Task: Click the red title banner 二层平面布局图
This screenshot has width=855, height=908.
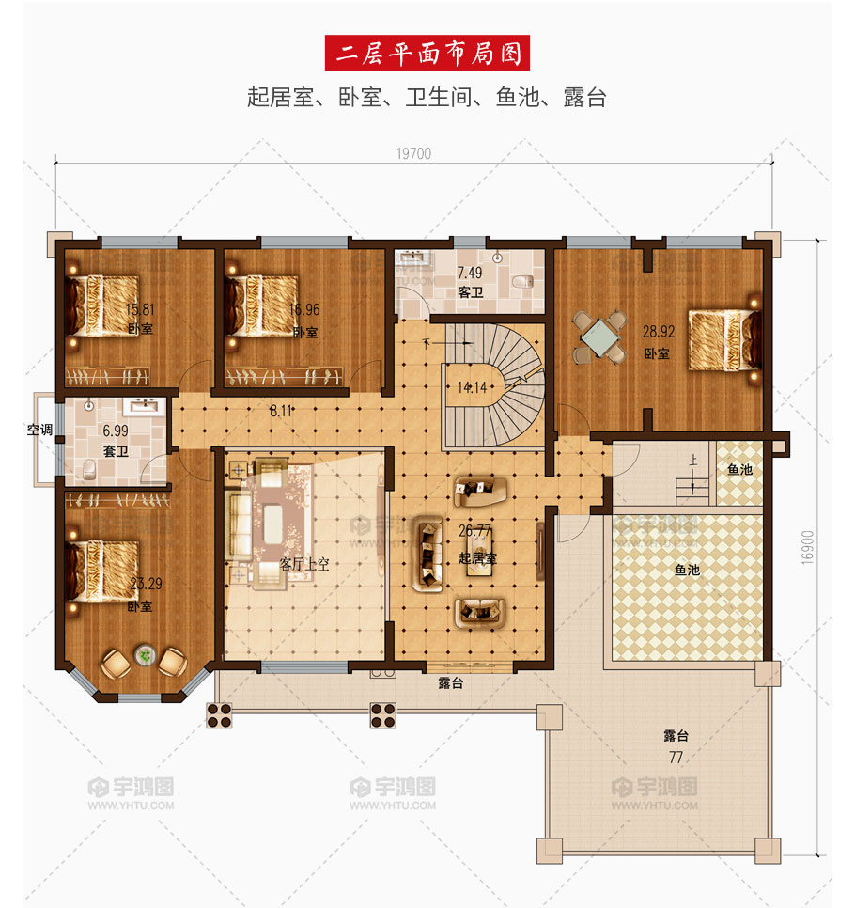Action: pyautogui.click(x=427, y=54)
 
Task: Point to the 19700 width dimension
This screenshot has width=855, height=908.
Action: pyautogui.click(x=413, y=153)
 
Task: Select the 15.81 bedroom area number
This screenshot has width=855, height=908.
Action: pyautogui.click(x=140, y=309)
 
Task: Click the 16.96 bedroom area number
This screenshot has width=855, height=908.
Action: pyautogui.click(x=304, y=310)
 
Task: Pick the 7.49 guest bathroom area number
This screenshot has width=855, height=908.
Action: pyautogui.click(x=470, y=273)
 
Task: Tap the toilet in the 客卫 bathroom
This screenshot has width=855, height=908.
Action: pyautogui.click(x=523, y=282)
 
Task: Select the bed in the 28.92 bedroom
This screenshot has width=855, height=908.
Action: pyautogui.click(x=724, y=339)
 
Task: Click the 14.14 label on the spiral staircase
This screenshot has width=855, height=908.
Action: pyautogui.click(x=473, y=387)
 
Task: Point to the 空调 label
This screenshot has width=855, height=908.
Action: pyautogui.click(x=40, y=430)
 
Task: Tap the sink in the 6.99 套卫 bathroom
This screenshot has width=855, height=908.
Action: pyautogui.click(x=144, y=406)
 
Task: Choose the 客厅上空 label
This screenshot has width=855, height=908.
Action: pyautogui.click(x=304, y=564)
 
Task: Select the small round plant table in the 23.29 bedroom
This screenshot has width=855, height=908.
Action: pyautogui.click(x=145, y=655)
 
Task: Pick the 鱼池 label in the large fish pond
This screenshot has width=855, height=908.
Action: pyautogui.click(x=687, y=571)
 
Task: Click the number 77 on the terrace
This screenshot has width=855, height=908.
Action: pyautogui.click(x=676, y=758)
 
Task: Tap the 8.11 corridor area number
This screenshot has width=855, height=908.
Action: pyautogui.click(x=281, y=411)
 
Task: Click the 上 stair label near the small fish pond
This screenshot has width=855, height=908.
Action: pyautogui.click(x=692, y=461)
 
